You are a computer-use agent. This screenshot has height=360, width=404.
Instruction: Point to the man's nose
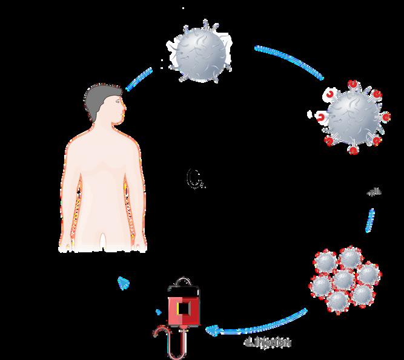[x=125, y=110]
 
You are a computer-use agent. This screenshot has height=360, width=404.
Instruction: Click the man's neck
[x=110, y=127]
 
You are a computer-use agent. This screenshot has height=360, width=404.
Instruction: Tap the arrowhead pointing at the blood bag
[x=211, y=329]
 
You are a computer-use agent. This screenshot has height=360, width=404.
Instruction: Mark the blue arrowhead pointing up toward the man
[x=123, y=281]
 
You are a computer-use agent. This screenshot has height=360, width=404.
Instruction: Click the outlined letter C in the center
[x=193, y=178]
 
